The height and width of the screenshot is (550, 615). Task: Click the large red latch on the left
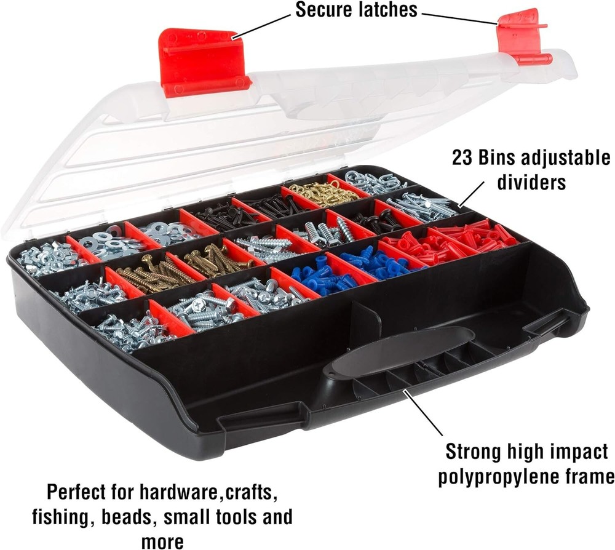pos(202,63)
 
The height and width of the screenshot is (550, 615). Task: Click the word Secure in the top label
pos(324,10)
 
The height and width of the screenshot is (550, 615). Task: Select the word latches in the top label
pos(387,10)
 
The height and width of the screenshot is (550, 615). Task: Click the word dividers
pos(531,183)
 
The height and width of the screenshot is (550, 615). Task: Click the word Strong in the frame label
pos(473,452)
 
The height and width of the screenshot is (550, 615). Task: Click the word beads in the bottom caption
pos(126,517)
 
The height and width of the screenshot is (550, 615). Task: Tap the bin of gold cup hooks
pos(319,192)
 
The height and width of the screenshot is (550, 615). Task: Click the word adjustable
pos(565,159)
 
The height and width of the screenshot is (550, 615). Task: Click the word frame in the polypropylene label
pos(587,477)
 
